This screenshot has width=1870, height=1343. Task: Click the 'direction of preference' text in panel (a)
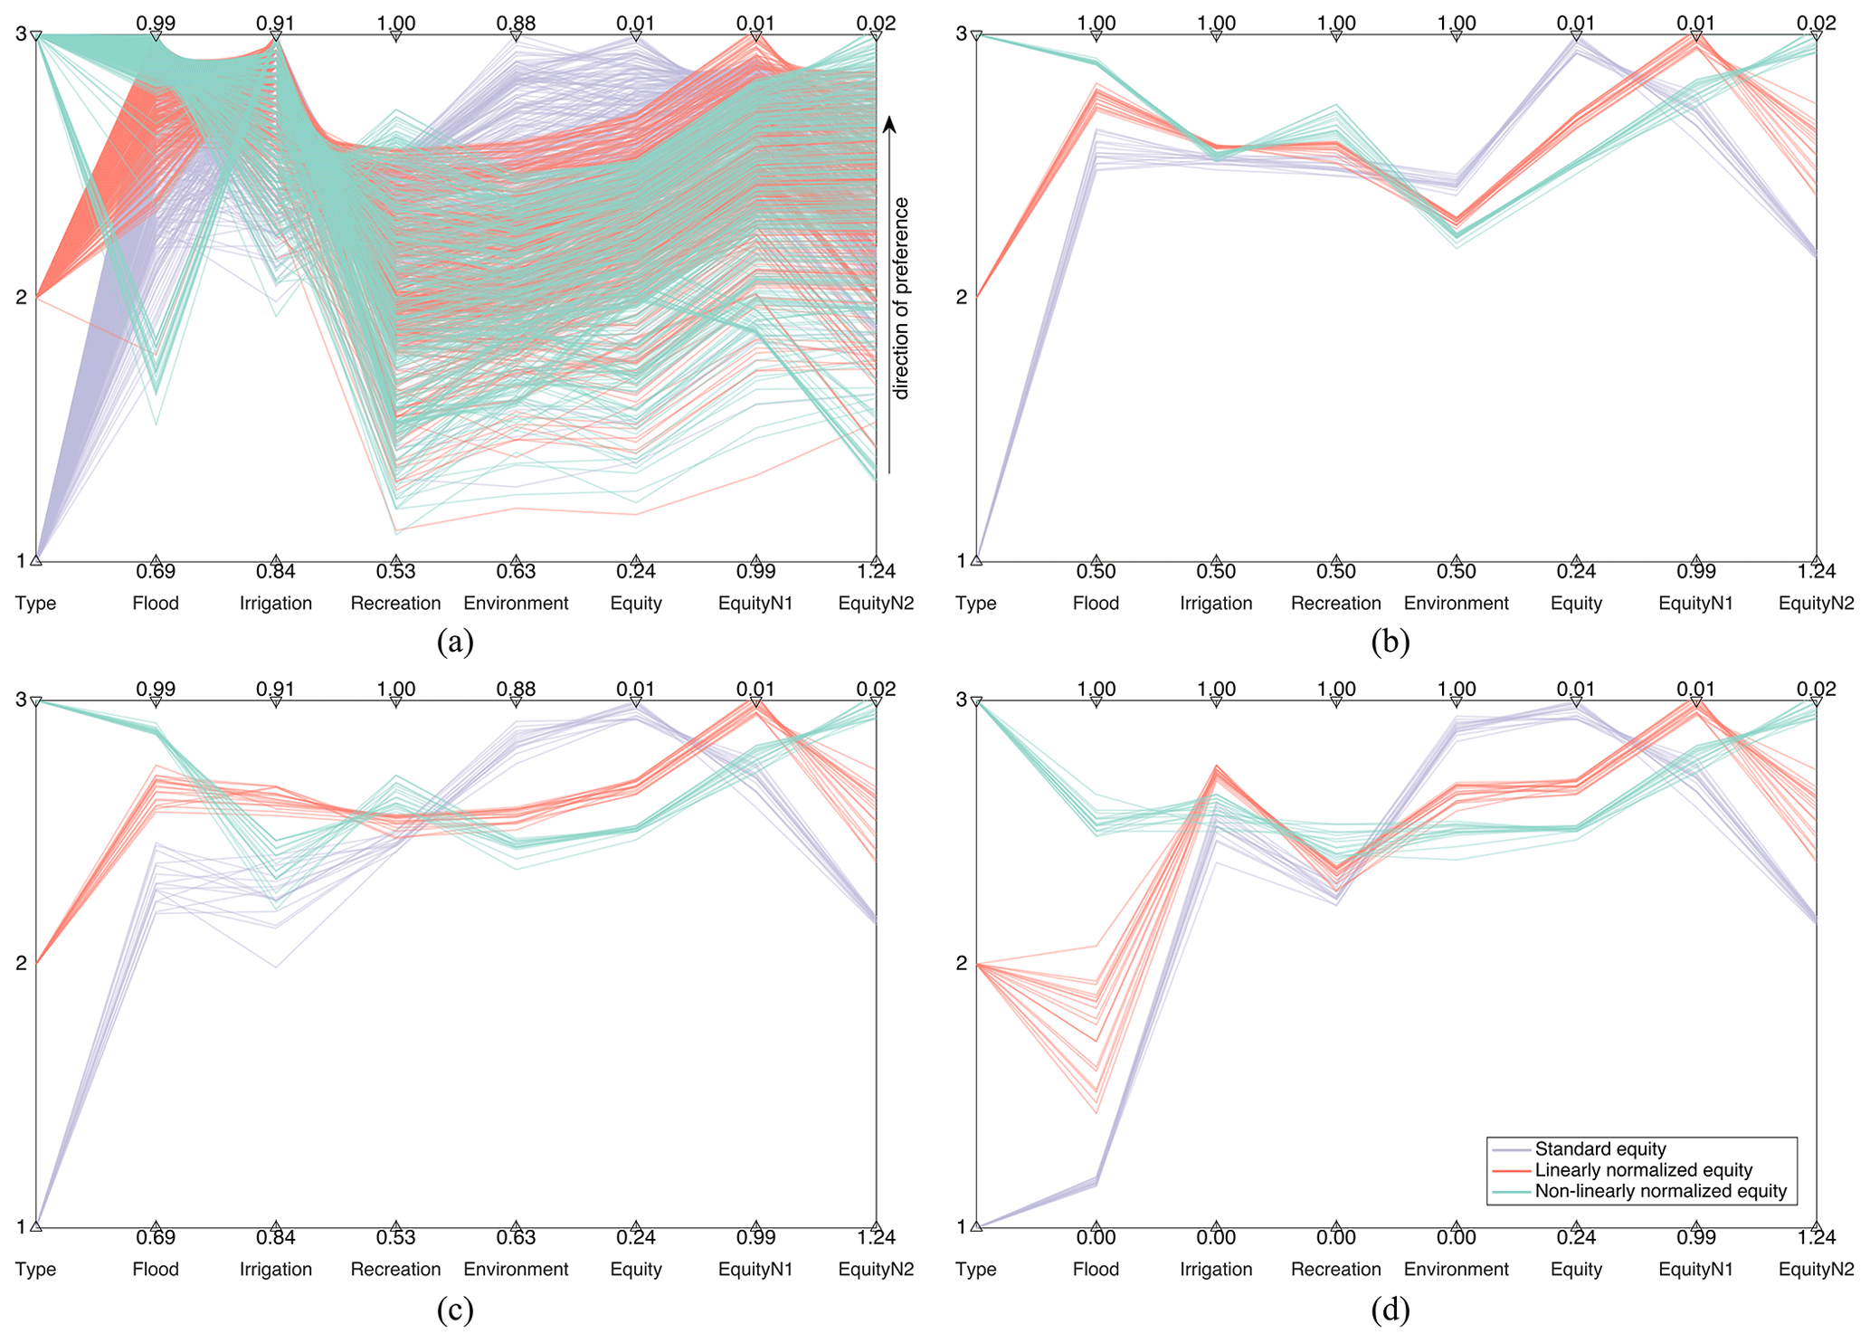click(x=900, y=299)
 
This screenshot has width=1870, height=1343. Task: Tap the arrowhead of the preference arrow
click(x=889, y=125)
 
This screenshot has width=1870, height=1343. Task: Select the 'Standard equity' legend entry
click(x=1600, y=1149)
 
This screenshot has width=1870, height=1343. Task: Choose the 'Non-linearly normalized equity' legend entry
click(x=1661, y=1191)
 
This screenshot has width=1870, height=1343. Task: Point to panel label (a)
click(x=455, y=642)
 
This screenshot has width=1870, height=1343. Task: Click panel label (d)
click(x=1391, y=1309)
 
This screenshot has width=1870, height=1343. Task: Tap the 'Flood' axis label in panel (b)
click(x=1096, y=604)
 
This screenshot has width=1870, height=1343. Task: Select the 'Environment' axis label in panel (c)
click(x=516, y=1270)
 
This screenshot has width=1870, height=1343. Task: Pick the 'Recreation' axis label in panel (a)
click(x=395, y=604)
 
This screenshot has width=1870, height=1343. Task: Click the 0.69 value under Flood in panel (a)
click(x=156, y=572)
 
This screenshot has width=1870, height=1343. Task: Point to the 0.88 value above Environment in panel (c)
click(x=516, y=690)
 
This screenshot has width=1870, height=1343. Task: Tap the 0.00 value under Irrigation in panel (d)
click(x=1216, y=1238)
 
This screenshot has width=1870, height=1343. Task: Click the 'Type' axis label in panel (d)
click(x=975, y=1270)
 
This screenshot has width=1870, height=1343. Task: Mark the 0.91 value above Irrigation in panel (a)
click(x=276, y=24)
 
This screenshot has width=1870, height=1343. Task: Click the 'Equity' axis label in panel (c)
click(x=636, y=1270)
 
